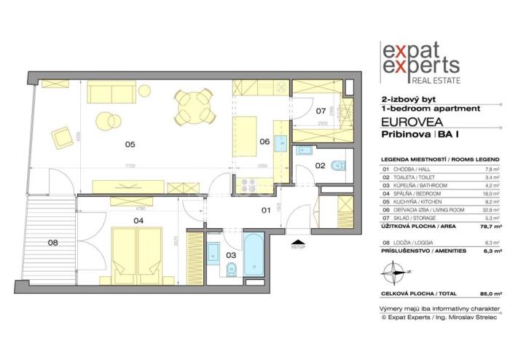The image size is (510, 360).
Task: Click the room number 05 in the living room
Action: (x=130, y=144)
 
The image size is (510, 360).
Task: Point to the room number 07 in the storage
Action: (x=320, y=111)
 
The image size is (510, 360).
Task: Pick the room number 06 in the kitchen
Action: (x=264, y=143)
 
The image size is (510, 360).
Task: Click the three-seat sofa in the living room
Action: (x=110, y=93)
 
